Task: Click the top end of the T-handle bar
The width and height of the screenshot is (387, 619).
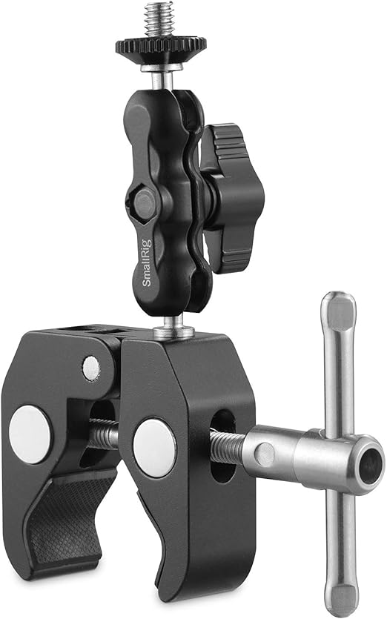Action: [x=340, y=308]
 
